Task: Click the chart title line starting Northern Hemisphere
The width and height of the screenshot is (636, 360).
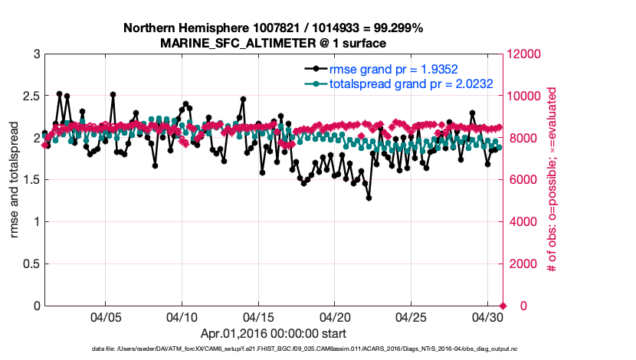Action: click(273, 28)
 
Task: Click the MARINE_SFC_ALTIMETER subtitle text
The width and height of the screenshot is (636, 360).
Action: click(273, 43)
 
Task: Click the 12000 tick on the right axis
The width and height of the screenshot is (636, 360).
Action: click(524, 54)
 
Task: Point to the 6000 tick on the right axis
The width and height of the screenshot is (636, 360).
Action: click(521, 180)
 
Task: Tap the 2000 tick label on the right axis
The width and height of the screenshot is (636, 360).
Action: click(521, 264)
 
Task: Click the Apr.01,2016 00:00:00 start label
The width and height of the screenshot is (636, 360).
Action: click(273, 333)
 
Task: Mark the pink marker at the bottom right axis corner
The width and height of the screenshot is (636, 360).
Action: click(503, 306)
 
